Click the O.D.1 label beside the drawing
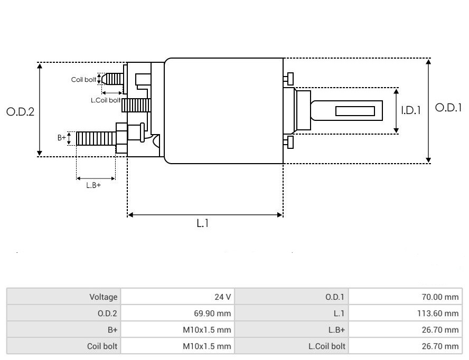point(448,107)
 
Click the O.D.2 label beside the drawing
point(20,112)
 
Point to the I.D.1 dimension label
point(410,110)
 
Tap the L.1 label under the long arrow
point(203,223)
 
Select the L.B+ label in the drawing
point(93,185)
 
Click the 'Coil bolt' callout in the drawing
point(83,80)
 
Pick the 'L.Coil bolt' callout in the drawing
point(106,100)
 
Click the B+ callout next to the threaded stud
point(62,138)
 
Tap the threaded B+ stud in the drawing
point(95,139)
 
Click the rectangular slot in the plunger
point(355,111)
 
